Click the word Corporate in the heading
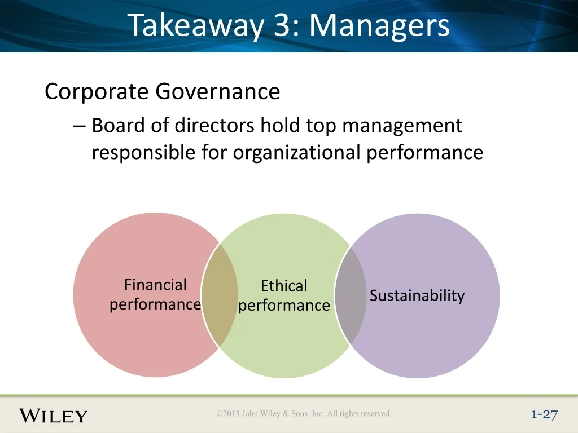coord(96,91)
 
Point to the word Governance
coord(217,91)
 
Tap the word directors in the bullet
coord(214,125)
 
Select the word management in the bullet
coord(402,126)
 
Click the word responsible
coord(143,152)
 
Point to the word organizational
coord(296,152)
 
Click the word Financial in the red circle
coord(155,285)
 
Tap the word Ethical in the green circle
coord(284,286)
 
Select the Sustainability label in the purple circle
coord(417,295)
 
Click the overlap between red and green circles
coord(220,295)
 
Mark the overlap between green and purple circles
coord(351,295)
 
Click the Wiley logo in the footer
coord(53,416)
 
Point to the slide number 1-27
coord(545,415)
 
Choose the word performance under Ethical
coord(284,306)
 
